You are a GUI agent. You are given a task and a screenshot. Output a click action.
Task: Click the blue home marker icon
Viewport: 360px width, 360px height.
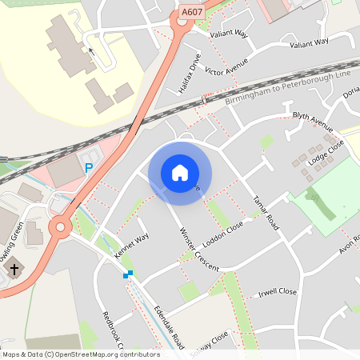[x=180, y=172]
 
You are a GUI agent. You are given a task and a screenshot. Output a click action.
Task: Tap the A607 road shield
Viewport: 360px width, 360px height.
[x=191, y=12]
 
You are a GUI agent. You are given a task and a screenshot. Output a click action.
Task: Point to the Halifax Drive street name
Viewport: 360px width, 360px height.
[x=190, y=73]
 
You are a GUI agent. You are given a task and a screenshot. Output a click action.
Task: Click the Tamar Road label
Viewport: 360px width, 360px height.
[x=265, y=212]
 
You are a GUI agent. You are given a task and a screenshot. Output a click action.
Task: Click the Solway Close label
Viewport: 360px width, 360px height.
[x=210, y=342]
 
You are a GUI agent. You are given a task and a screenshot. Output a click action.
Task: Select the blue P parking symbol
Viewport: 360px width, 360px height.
[x=89, y=168]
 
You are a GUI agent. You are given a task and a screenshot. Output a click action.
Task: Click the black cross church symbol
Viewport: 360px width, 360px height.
[x=14, y=270]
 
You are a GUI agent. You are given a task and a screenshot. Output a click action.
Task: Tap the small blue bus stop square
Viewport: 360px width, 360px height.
[x=127, y=274]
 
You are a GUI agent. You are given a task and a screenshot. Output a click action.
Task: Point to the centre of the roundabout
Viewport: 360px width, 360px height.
[x=58, y=228]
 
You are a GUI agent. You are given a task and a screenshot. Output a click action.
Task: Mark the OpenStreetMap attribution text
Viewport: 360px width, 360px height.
[x=80, y=354]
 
